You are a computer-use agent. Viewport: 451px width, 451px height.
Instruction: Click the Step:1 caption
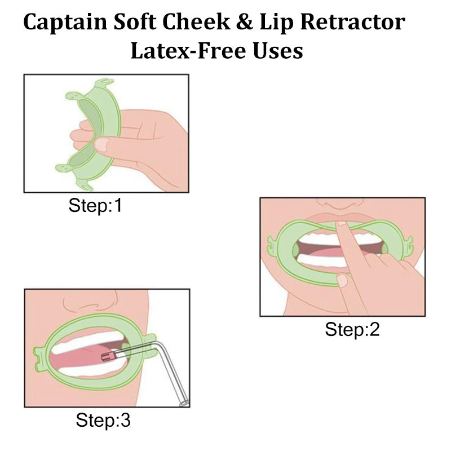[x=95, y=206]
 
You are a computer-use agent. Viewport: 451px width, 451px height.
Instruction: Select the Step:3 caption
[x=103, y=420]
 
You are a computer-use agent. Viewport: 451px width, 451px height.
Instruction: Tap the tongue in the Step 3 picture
[x=85, y=361]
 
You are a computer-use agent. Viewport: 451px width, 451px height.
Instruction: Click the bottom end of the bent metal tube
[x=183, y=404]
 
